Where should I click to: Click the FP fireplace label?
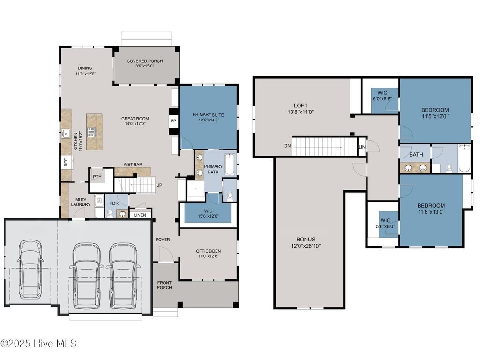coord(173,120)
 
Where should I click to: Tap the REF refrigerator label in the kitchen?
coord(66,163)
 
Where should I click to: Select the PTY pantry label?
coord(97,177)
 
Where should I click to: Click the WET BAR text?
coord(133,165)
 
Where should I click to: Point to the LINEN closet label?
coord(140,215)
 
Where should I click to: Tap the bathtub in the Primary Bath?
coord(230,165)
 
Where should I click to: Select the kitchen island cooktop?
coord(90,131)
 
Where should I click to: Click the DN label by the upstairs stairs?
coord(287,146)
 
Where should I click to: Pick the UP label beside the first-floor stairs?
coord(159,185)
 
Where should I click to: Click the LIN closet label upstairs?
coord(362,147)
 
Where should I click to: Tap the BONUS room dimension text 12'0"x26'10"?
coord(306,246)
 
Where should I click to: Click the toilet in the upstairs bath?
coord(449,167)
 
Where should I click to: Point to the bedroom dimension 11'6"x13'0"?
coord(431,212)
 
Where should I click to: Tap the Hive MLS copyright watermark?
coord(38,344)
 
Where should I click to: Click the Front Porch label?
coord(164,285)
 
